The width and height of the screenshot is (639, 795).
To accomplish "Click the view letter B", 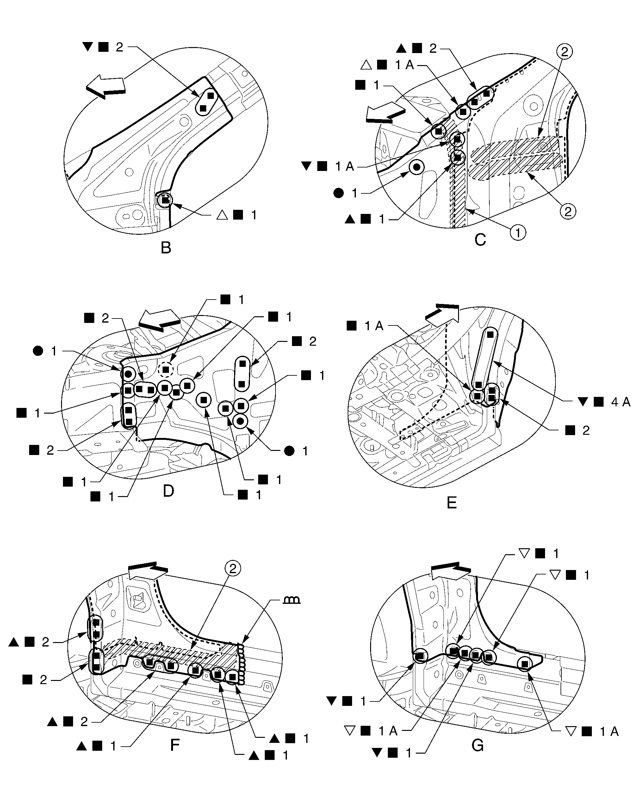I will click(166, 248).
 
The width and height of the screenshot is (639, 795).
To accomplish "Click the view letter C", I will click(480, 240).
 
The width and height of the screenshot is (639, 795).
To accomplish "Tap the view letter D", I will click(168, 491).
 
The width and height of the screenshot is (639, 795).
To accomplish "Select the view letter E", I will click(451, 503).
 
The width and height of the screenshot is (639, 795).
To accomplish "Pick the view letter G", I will click(477, 746).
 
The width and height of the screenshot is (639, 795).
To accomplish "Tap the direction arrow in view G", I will click(450, 572).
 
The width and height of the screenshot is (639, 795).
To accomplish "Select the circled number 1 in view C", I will click(518, 233).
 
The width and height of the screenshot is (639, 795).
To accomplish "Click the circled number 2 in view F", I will click(233, 568).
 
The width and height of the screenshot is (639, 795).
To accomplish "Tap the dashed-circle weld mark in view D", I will click(166, 369).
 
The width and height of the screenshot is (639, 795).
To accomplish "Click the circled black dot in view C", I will click(417, 167).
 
